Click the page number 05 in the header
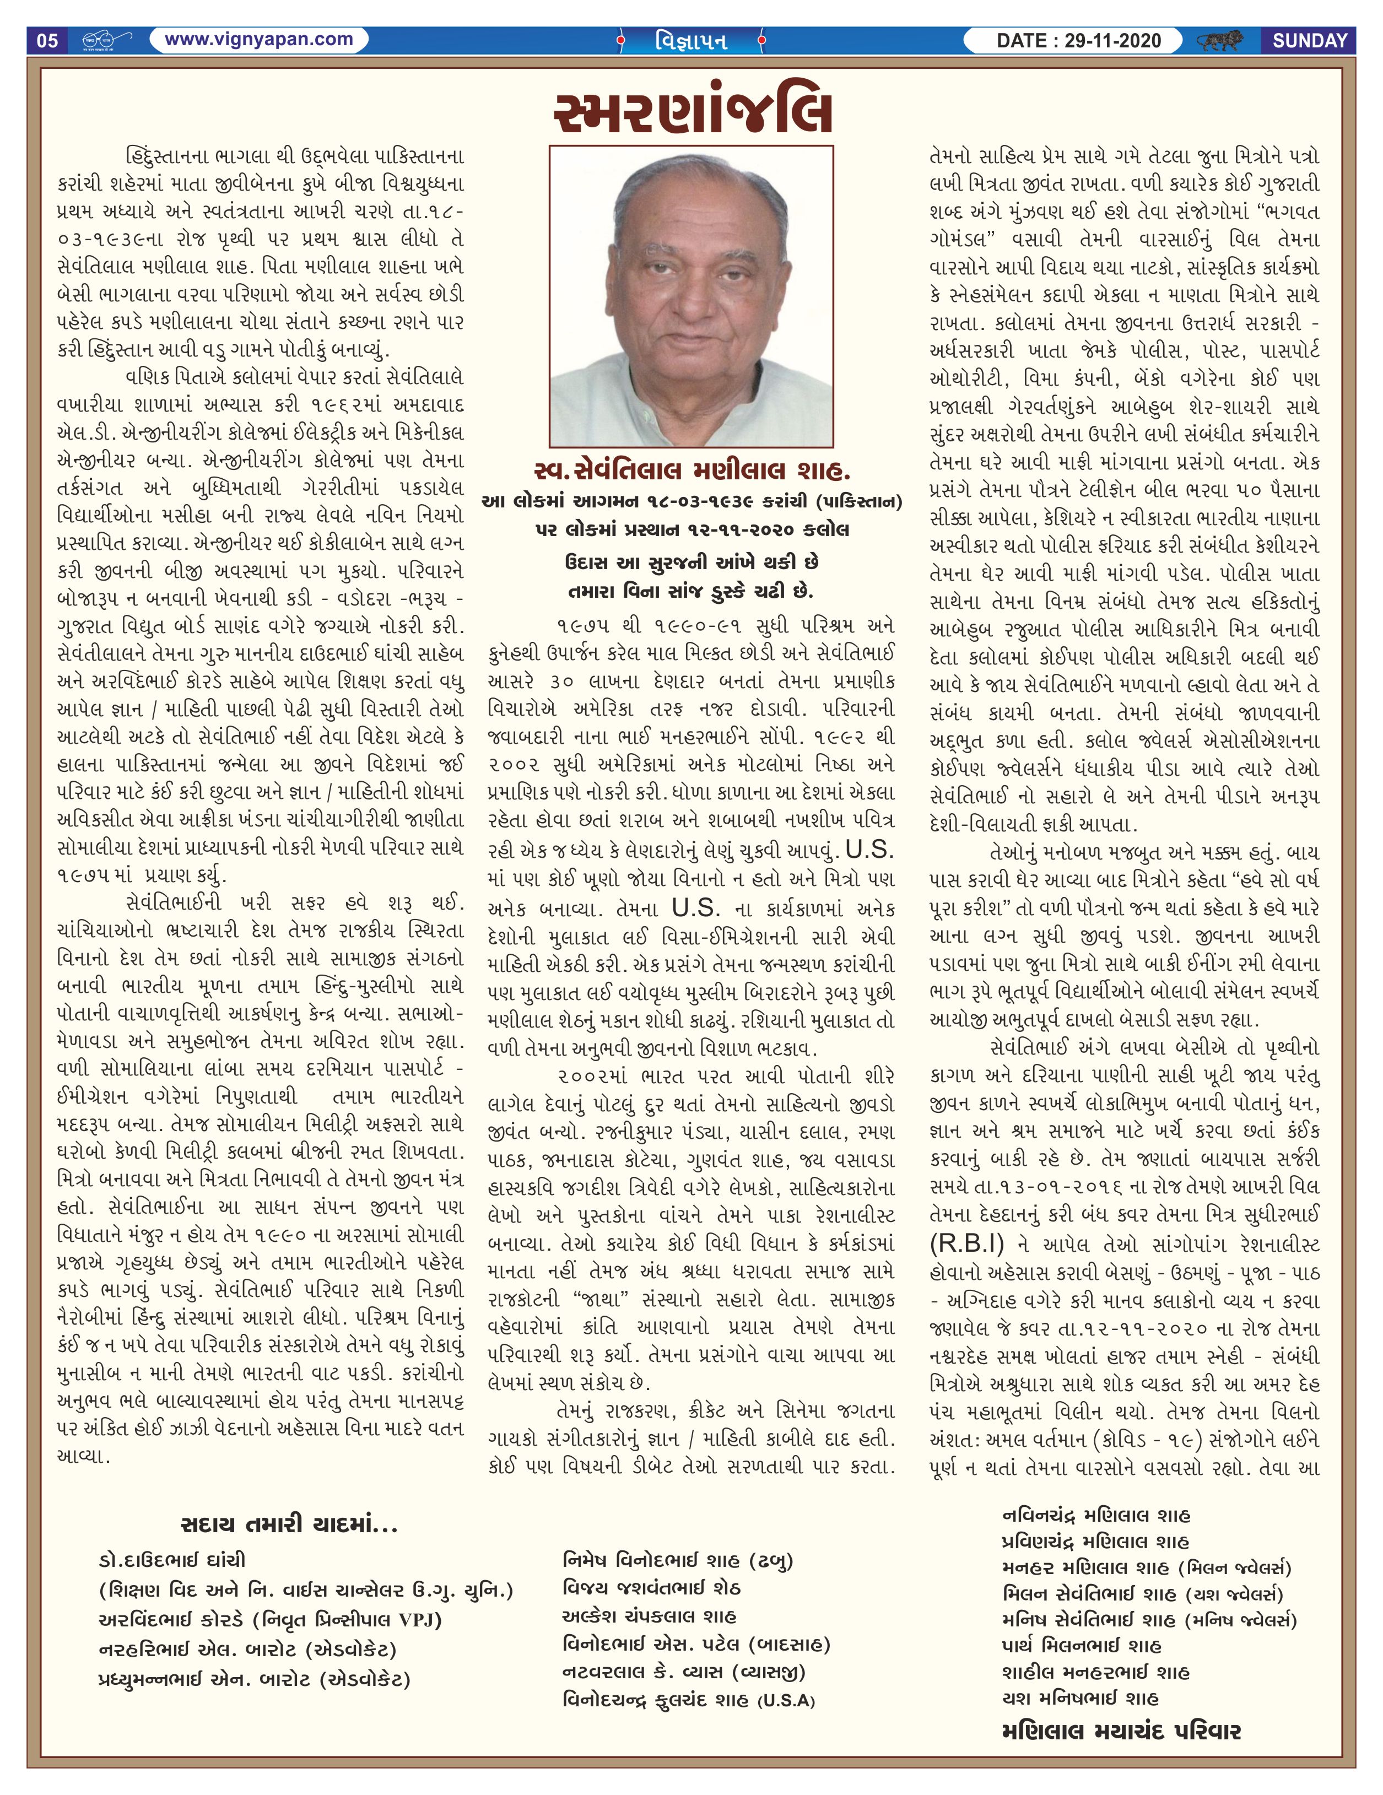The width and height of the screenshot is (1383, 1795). point(48,40)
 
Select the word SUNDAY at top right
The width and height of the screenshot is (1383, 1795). point(1310,40)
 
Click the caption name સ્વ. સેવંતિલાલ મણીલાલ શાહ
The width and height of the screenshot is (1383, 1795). point(692,471)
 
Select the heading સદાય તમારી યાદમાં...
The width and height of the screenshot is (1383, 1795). point(288,1526)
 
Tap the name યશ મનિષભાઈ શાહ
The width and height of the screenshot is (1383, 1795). point(1080,1698)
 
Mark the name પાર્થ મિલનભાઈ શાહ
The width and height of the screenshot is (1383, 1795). point(1082,1645)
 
